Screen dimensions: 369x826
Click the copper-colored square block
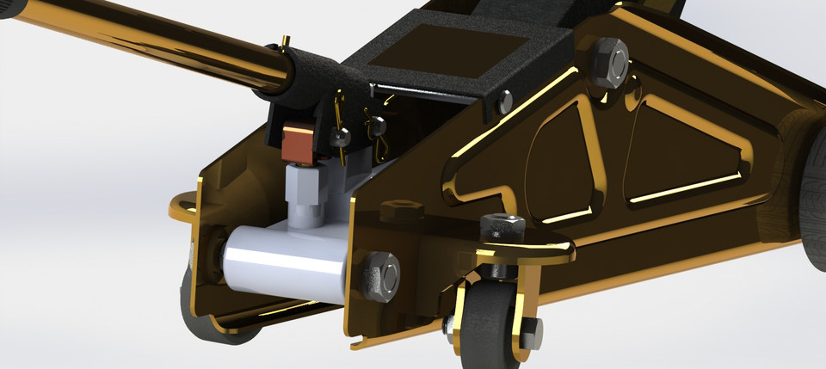pyautogui.click(x=298, y=142)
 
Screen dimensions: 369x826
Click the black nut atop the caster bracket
pyautogui.click(x=503, y=227)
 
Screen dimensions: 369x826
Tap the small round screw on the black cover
pyautogui.click(x=505, y=102)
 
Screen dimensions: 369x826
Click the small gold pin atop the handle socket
pyautogui.click(x=286, y=42)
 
